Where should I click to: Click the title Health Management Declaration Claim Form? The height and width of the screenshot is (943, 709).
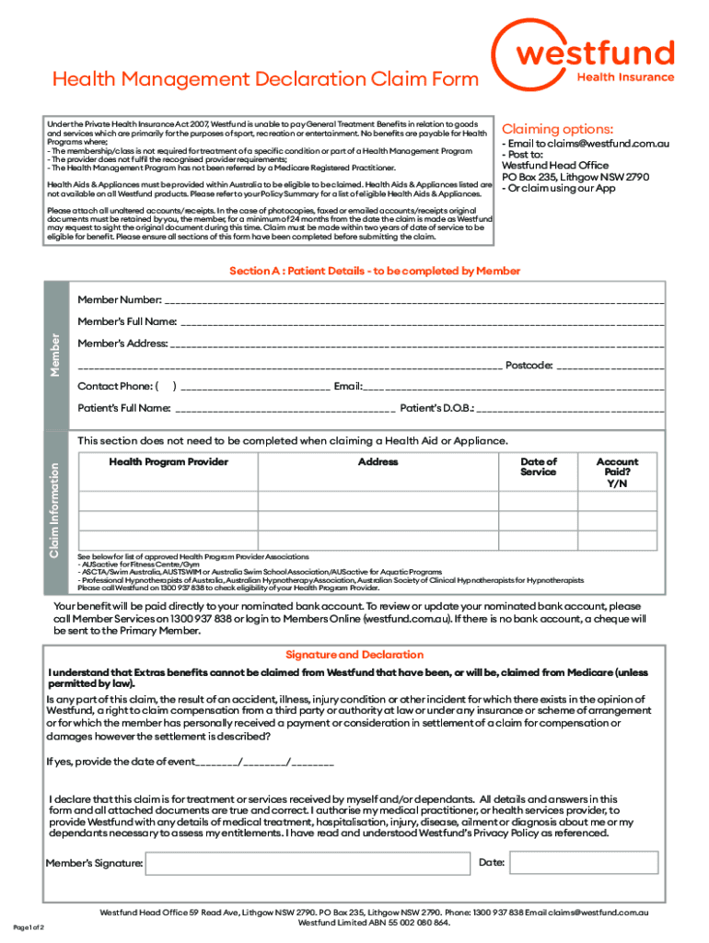pos(265,79)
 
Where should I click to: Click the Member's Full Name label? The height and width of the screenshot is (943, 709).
pos(127,321)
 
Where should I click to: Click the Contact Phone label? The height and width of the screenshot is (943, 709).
pos(113,386)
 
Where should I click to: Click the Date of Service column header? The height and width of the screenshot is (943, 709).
pos(538,467)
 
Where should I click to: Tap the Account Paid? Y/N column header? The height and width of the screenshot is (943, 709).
pos(617,472)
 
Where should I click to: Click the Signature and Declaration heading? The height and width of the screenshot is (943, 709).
pos(354,655)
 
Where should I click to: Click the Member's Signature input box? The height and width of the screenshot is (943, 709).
pos(308,863)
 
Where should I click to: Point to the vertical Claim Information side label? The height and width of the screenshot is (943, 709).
pos(55,496)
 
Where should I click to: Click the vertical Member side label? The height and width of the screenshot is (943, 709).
pos(55,355)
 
